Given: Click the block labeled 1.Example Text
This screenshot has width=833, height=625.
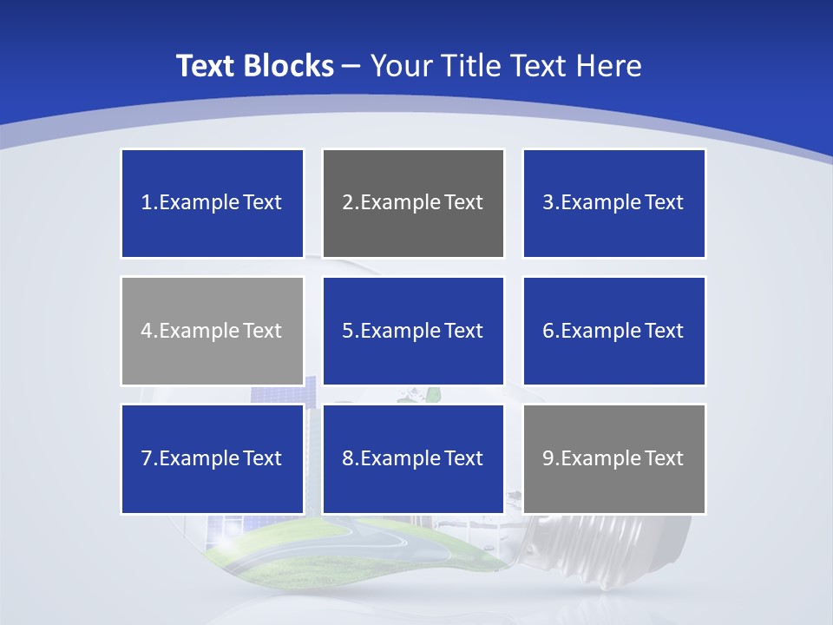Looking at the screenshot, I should click(x=213, y=203).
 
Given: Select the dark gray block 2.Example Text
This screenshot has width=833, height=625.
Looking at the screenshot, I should click(x=413, y=203).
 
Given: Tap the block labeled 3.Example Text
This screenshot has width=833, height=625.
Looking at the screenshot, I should click(x=613, y=203).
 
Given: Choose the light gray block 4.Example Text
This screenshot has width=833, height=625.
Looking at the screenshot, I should click(x=213, y=331).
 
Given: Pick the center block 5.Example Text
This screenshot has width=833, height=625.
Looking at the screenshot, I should click(x=413, y=331).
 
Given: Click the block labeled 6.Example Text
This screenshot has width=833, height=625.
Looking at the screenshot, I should click(x=613, y=331).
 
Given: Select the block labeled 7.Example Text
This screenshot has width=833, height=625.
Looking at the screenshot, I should click(x=213, y=458).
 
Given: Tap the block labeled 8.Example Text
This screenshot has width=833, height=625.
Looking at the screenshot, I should click(x=413, y=458).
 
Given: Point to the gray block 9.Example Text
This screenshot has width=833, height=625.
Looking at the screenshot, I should click(x=613, y=458).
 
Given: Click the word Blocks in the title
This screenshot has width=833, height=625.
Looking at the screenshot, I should click(x=290, y=66).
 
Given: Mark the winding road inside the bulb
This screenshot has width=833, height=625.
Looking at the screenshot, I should click(x=399, y=542).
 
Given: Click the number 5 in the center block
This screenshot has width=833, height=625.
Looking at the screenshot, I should click(x=347, y=331).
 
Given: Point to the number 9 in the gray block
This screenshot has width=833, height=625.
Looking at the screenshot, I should click(x=548, y=458).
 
